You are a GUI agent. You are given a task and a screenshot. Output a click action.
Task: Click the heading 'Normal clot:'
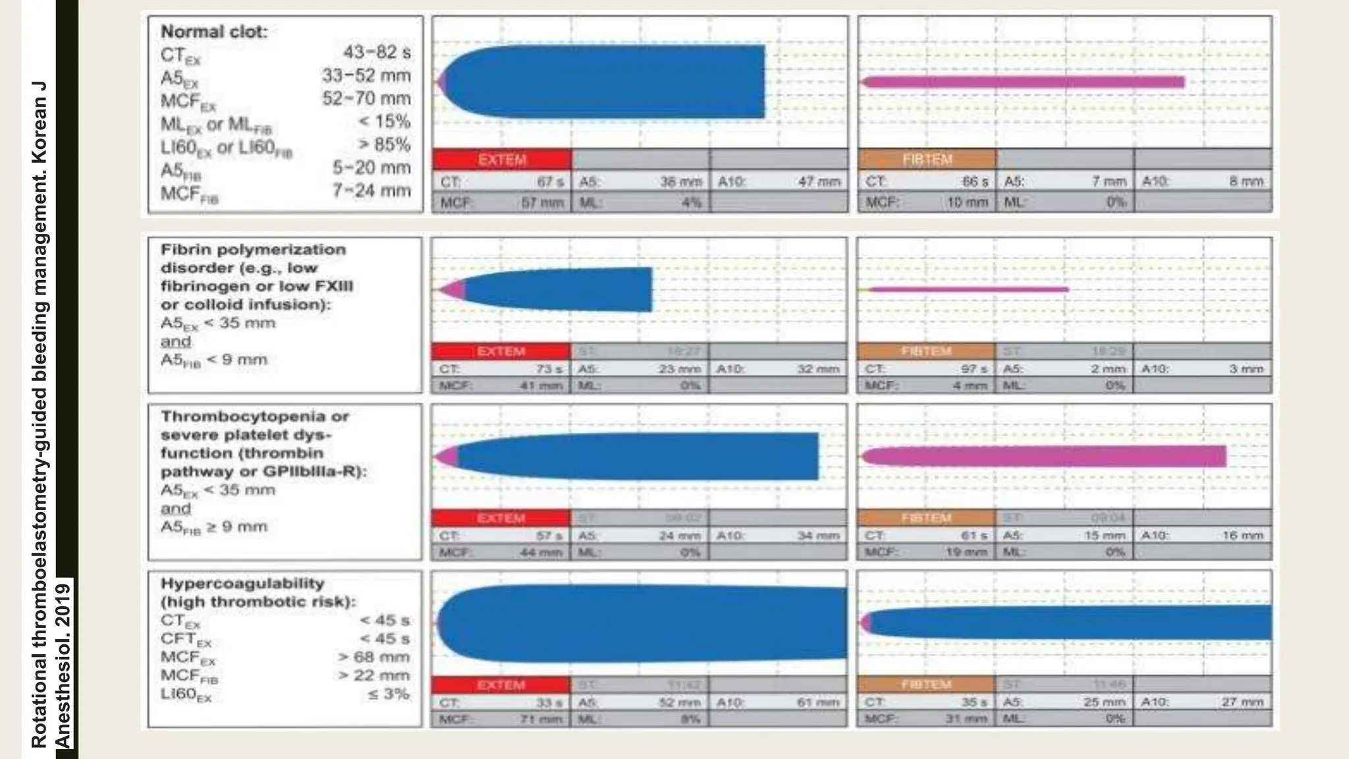214,32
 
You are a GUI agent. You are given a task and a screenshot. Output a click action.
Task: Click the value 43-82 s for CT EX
376,52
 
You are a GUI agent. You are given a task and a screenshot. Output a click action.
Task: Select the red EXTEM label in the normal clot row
502,159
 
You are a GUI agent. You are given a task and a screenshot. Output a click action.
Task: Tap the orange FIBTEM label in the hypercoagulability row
926,685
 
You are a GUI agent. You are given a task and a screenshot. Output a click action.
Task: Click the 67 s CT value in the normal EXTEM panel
551,181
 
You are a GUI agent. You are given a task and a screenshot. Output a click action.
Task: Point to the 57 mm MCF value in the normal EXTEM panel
542,203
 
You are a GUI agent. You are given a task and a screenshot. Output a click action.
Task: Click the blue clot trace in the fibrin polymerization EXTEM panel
560,290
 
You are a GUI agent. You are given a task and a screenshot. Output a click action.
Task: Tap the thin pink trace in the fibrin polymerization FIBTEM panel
968,289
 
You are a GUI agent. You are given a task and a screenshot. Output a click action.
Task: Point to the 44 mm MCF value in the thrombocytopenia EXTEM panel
541,552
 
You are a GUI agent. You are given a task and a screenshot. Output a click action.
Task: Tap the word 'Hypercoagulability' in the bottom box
242,583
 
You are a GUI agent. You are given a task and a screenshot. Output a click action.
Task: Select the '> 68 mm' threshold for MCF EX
373,657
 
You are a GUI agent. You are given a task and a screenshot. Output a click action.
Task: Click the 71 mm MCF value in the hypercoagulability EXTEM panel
541,719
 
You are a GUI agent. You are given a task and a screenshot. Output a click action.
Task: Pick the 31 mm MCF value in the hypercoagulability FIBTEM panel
967,719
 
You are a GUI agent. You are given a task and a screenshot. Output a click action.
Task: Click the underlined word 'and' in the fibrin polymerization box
176,341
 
